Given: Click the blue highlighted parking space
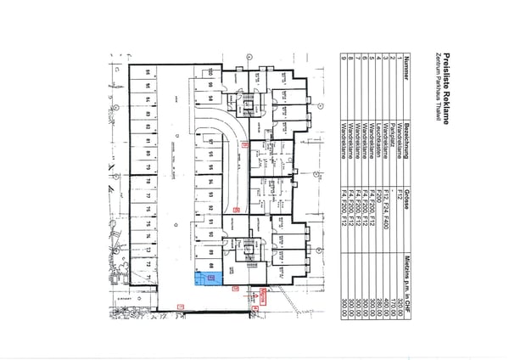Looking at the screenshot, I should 213,277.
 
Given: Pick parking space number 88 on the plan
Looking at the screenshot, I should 208,266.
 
